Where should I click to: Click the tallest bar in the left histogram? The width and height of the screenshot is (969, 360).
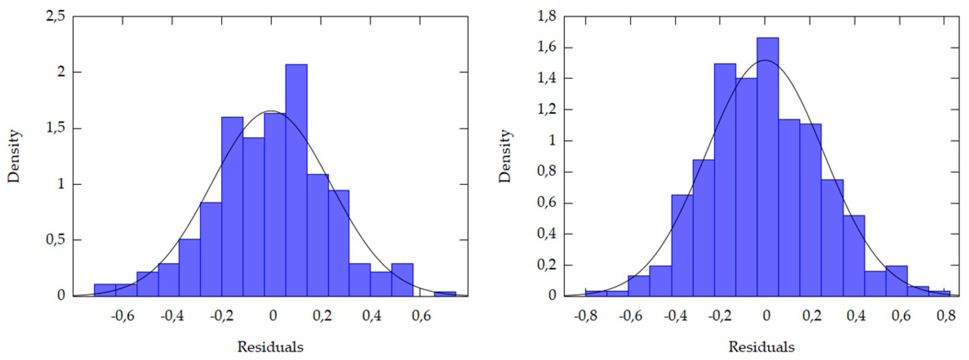[x=296, y=180]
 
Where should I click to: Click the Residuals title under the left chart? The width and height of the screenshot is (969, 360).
[x=270, y=347]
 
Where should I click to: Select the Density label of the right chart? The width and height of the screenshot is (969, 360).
[x=505, y=156]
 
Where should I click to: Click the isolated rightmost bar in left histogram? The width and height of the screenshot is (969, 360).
[x=445, y=294]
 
